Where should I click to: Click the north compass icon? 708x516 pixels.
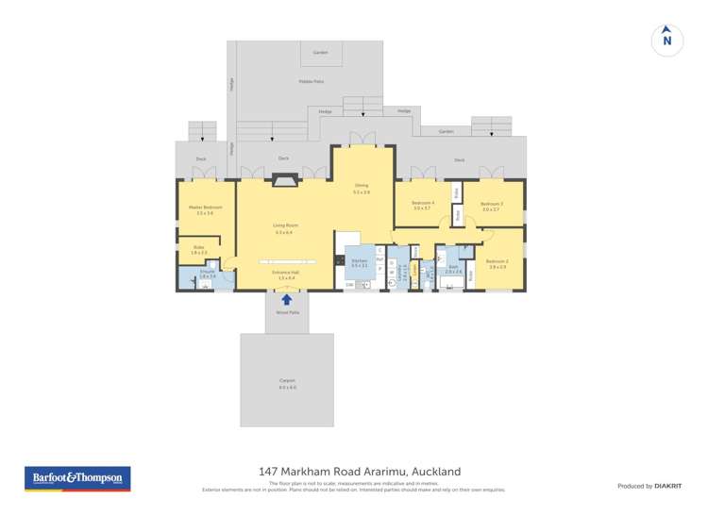tap(667, 40)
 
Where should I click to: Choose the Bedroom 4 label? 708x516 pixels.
tap(422, 205)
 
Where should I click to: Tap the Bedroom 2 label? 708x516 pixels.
tap(497, 263)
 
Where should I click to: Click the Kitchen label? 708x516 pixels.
tap(359, 263)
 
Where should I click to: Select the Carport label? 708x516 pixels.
tap(287, 383)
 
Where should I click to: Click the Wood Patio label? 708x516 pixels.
tap(287, 311)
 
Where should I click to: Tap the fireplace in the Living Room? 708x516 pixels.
tap(283, 178)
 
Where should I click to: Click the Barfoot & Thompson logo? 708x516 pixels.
tap(77, 479)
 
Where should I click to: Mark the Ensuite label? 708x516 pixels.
tap(207, 273)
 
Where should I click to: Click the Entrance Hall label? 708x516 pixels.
tap(284, 275)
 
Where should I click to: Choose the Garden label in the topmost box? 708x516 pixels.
tap(320, 52)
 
